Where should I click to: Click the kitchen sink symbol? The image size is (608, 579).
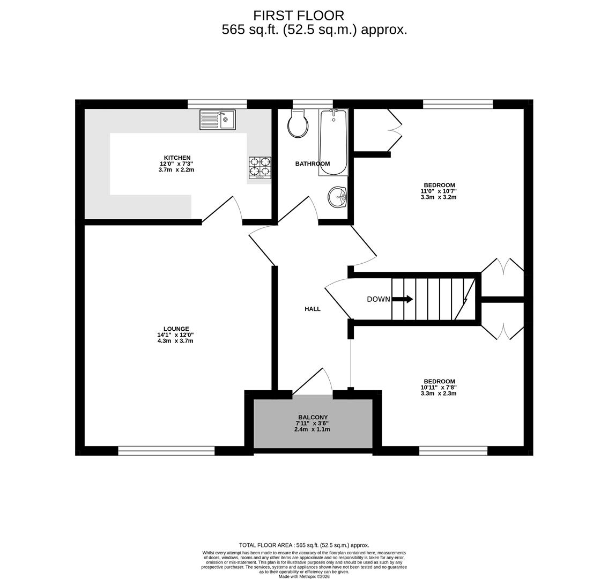pos(217,120)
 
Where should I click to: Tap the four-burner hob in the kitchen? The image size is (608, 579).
pos(259,167)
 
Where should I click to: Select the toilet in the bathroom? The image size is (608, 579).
pos(298,124)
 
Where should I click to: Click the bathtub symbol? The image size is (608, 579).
pos(333,142)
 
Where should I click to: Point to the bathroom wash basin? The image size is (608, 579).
pos(338,197)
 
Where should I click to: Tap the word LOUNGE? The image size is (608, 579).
pos(176,329)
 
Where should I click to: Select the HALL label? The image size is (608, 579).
pos(313,309)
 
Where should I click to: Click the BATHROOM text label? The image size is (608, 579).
pos(313,164)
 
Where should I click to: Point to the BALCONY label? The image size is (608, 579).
pos(313,417)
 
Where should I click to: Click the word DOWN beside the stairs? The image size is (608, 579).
pos(379,299)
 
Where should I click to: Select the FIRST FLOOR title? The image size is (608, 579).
pos(299,16)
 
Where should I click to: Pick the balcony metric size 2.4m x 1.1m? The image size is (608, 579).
pos(313,429)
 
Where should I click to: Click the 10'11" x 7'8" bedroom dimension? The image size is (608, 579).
pos(439,388)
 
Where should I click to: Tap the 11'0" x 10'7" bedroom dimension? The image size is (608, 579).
pos(439,191)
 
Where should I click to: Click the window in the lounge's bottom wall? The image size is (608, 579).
pos(166,451)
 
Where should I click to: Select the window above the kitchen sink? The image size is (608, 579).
pos(217,104)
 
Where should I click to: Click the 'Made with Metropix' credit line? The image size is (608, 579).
pos(304,576)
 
